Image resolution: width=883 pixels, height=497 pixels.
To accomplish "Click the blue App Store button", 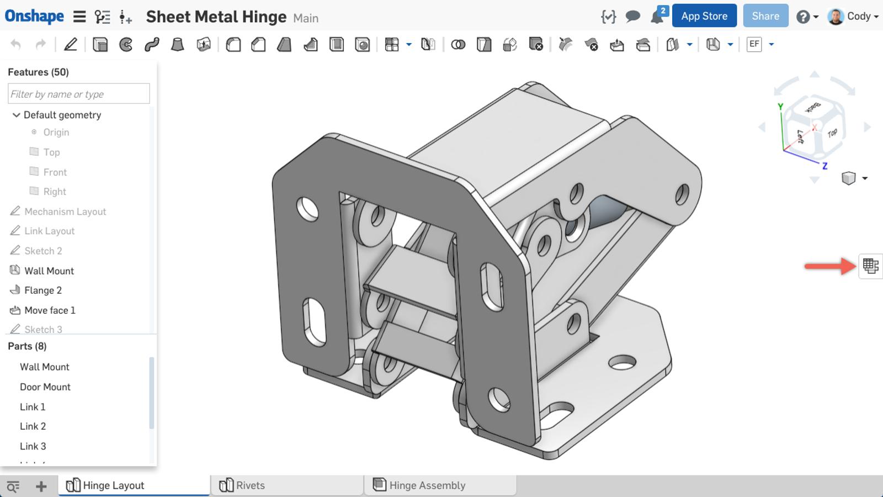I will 704,16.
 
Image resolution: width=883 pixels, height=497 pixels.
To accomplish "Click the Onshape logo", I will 34,16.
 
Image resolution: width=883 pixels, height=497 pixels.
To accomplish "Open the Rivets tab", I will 250,485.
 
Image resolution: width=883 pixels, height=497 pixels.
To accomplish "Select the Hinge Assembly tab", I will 427,485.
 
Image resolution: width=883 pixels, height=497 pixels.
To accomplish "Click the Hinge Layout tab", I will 113,485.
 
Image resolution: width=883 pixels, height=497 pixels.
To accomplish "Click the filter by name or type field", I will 78,94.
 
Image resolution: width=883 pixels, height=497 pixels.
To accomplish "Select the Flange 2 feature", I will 42,290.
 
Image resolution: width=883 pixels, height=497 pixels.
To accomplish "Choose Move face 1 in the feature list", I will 50,310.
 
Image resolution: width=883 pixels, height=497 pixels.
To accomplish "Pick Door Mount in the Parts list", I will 45,387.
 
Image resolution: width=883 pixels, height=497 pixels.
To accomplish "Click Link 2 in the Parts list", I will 33,426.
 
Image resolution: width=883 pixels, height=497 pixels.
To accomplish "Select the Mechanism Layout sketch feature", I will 65,212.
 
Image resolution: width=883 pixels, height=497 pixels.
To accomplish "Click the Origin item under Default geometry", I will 56,133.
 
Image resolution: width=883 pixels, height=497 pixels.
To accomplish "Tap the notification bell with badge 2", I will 657,17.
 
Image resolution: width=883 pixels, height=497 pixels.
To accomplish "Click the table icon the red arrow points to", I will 870,266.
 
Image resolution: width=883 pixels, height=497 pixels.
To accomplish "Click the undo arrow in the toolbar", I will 16,44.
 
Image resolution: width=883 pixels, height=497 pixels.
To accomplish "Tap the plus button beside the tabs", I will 41,486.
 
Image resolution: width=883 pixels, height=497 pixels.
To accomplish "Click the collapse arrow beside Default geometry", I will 16,115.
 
